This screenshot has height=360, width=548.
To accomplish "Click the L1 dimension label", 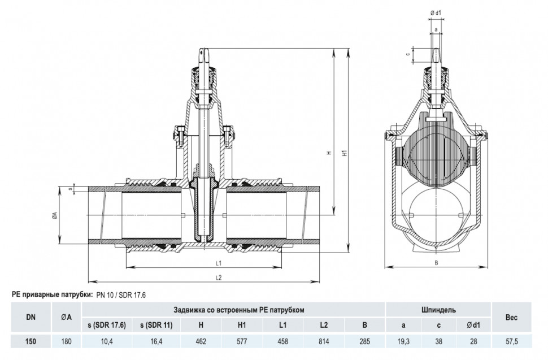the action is pyautogui.click(x=219, y=263).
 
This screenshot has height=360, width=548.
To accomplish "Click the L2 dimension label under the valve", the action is pyautogui.click(x=219, y=277).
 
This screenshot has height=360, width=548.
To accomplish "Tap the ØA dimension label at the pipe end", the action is pyautogui.click(x=55, y=216).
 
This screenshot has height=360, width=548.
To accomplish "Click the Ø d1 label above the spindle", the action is pyautogui.click(x=436, y=13).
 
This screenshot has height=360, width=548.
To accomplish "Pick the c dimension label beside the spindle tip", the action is pyautogui.click(x=407, y=54).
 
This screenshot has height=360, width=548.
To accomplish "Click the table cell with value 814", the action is pyautogui.click(x=324, y=341).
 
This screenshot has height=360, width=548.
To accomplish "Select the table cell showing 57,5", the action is pyautogui.click(x=511, y=341).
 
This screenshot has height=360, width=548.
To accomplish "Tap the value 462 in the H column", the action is pyautogui.click(x=201, y=341).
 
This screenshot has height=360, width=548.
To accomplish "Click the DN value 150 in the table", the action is pyautogui.click(x=31, y=341).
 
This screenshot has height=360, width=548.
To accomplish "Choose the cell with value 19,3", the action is pyautogui.click(x=403, y=341).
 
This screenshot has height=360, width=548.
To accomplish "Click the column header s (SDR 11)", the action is pyautogui.click(x=156, y=325).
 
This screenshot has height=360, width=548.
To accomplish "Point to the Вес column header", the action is pyautogui.click(x=511, y=318).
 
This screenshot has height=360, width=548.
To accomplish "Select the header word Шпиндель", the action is pyautogui.click(x=438, y=310).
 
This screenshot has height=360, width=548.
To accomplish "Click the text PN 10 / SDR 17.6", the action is pyautogui.click(x=121, y=295).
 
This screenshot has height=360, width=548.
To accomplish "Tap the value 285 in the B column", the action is pyautogui.click(x=364, y=341).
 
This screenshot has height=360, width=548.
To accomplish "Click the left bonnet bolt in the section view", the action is pyautogui.click(x=180, y=135).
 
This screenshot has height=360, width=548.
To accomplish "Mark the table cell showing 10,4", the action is pyautogui.click(x=107, y=341).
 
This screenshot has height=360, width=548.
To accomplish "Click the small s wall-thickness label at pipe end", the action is pyautogui.click(x=70, y=189).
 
